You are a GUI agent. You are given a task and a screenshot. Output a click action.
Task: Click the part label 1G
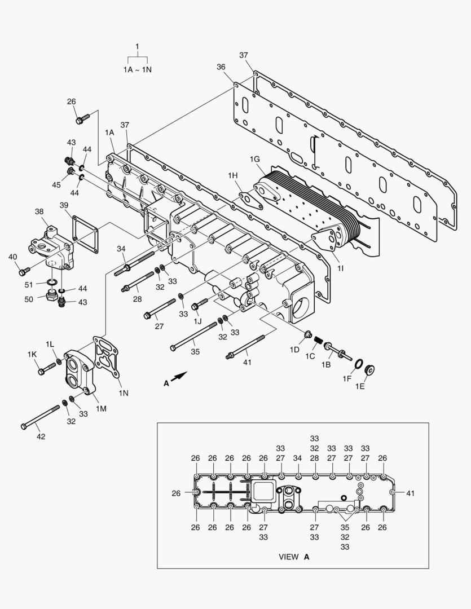255,160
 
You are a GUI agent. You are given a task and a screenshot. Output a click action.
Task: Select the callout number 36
221,67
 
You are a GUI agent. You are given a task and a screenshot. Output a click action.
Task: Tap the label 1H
233,176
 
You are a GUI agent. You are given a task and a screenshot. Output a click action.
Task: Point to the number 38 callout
39,211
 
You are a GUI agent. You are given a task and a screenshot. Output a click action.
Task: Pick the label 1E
360,386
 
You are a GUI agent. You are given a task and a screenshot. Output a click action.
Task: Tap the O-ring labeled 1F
358,361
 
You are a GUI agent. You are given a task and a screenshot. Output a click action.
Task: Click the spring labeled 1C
319,341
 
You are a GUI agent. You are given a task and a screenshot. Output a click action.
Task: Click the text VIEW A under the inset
294,557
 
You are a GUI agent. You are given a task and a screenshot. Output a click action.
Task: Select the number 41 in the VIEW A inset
410,493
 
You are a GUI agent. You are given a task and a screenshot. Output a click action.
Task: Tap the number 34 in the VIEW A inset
298,458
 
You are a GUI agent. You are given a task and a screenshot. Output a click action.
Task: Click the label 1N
124,392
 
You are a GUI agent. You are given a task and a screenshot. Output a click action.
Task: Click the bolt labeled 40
22,272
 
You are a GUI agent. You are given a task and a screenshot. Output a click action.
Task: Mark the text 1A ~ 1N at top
138,69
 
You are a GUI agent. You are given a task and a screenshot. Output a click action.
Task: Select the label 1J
197,321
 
